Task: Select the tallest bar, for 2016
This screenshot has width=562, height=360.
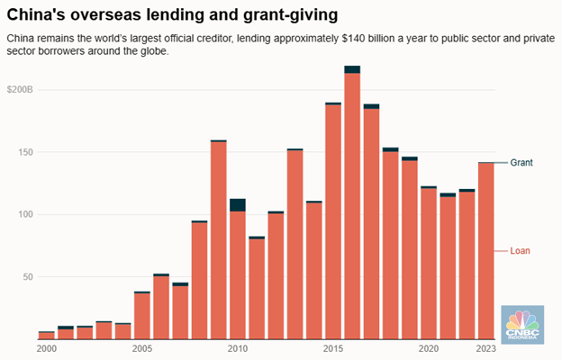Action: coord(352,207)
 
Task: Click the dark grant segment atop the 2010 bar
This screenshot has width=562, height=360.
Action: coord(238,205)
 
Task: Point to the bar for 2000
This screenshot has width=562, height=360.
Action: coord(46,335)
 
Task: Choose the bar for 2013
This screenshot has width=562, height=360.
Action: coord(295,243)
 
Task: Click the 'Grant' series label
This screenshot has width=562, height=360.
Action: coord(521,163)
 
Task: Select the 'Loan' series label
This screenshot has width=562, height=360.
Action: coord(521,251)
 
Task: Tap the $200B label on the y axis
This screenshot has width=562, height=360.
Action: coord(20,91)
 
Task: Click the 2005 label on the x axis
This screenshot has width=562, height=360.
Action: coord(141,348)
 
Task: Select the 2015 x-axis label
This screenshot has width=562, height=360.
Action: coord(333,348)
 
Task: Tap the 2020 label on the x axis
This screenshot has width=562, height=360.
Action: coord(429,348)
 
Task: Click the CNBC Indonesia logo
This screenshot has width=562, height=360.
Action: coord(522,325)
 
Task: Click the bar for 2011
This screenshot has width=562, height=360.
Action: coord(257,288)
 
